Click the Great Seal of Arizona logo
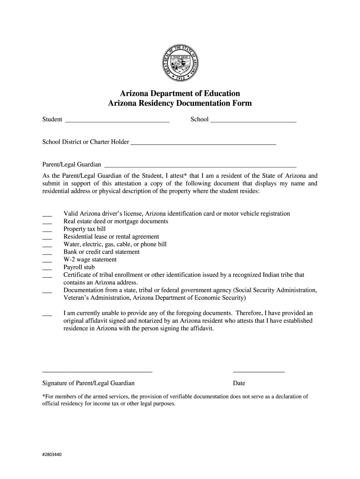[x=180, y=63]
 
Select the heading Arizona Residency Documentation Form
[x=180, y=103]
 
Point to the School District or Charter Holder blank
[x=203, y=143]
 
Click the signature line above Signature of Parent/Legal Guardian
[x=97, y=371]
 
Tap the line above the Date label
[x=259, y=371]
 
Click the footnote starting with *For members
[x=175, y=399]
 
